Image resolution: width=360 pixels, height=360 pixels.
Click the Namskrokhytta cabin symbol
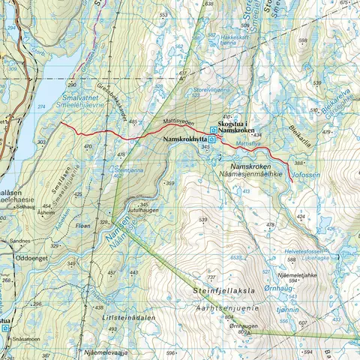(212, 139)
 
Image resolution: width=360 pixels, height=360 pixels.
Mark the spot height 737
(211, 277)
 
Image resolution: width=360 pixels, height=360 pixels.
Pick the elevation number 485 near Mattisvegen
(133, 121)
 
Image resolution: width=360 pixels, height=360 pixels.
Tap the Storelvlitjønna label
(212, 89)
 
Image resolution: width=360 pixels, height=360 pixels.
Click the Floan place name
(83, 224)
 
